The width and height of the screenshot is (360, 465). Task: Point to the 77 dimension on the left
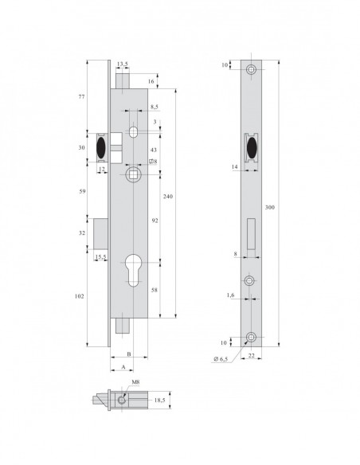tap(81, 96)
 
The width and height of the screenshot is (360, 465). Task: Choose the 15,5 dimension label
tap(101, 256)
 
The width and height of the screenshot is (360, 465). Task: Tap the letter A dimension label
tap(123, 367)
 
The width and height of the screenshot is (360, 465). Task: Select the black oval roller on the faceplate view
tap(252, 147)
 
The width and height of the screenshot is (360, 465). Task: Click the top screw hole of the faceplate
tap(252, 69)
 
